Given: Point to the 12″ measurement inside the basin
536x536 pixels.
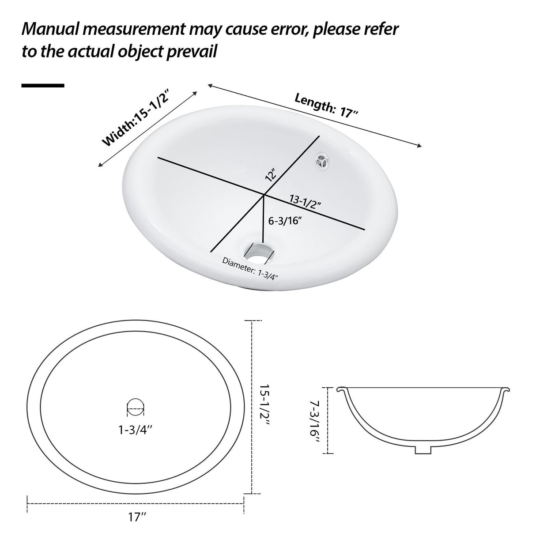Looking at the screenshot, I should [271, 175].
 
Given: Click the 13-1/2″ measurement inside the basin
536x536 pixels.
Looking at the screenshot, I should [305, 203].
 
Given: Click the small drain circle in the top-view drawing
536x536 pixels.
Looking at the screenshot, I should [136, 406].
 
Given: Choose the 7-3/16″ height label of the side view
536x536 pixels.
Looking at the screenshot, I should [315, 421].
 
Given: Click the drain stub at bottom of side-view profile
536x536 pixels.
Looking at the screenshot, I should [423, 449].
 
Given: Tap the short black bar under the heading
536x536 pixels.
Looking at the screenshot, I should [43, 85].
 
